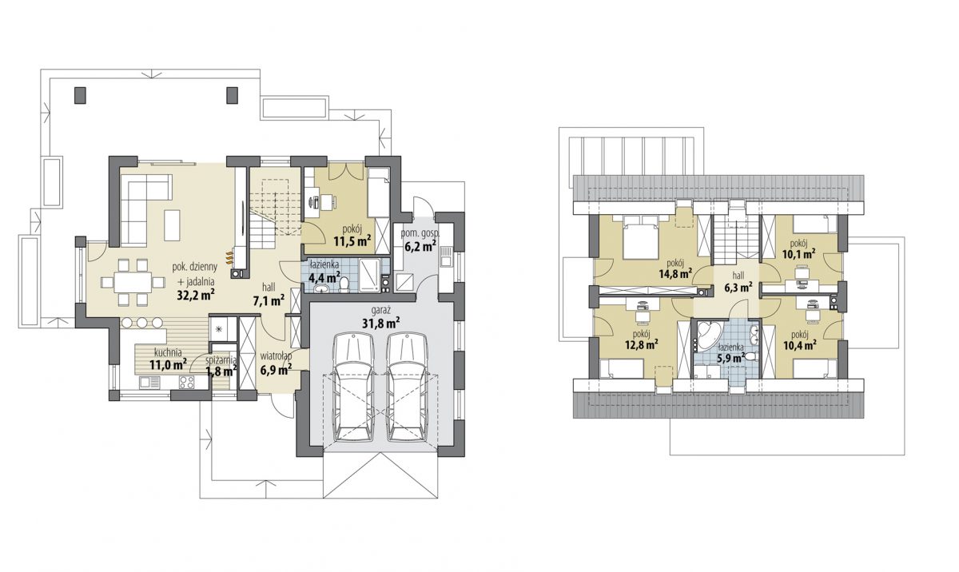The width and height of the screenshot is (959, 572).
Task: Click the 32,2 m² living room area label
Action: (x=196, y=295)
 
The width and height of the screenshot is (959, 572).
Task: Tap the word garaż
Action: (x=381, y=311)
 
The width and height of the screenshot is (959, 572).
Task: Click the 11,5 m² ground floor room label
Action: (x=352, y=241)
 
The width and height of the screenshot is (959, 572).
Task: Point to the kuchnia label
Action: (x=168, y=352)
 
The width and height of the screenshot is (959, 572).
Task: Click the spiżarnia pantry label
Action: (x=221, y=360)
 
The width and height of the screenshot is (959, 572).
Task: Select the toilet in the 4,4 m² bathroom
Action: (x=344, y=284)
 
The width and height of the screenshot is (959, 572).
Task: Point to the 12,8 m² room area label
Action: (x=641, y=344)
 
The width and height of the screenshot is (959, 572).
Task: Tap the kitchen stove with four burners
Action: (x=187, y=382)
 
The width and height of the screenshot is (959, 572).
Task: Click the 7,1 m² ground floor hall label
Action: (x=269, y=301)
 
